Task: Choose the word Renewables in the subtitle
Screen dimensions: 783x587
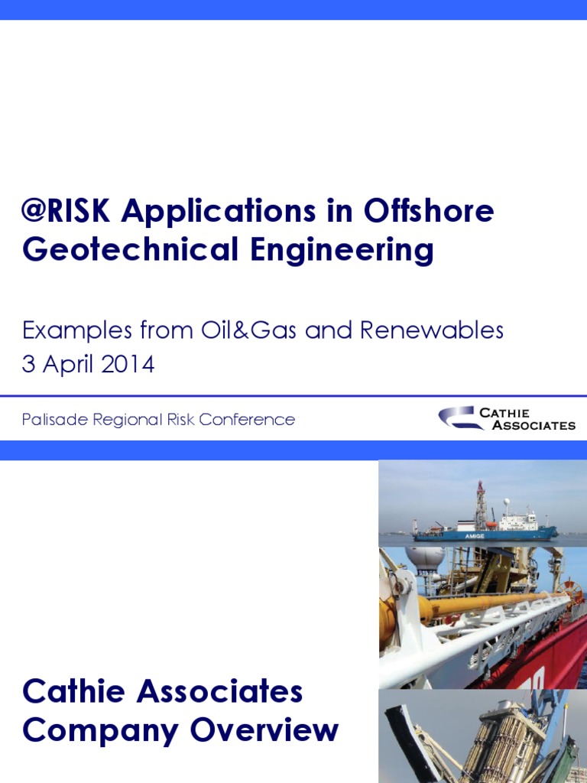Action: tap(432, 330)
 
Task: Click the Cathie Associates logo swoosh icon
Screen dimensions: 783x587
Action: tap(459, 417)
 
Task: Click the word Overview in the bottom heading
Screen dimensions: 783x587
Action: tap(264, 729)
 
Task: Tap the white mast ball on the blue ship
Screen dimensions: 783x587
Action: tap(505, 504)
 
